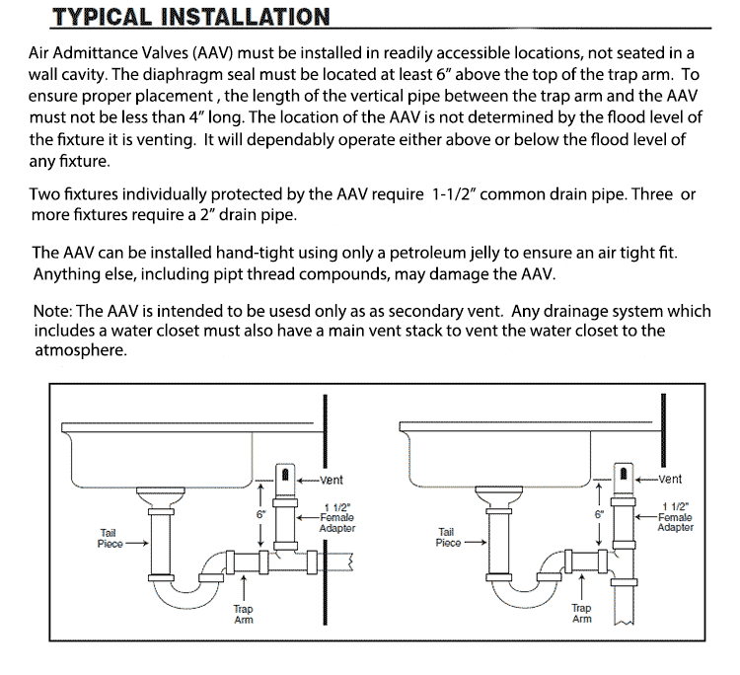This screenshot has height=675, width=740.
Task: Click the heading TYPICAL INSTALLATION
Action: click(190, 18)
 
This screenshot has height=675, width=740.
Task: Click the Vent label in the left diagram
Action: click(332, 481)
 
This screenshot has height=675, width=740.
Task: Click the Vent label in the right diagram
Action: click(671, 480)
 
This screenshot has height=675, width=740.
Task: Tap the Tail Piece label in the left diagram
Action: click(109, 539)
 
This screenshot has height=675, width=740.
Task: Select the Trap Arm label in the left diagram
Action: click(243, 614)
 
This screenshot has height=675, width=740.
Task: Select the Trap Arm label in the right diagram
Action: click(582, 614)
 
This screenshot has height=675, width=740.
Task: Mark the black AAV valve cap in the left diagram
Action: click(285, 475)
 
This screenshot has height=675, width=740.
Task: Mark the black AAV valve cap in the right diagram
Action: click(624, 475)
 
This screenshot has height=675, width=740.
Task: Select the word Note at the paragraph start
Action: click(51, 311)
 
